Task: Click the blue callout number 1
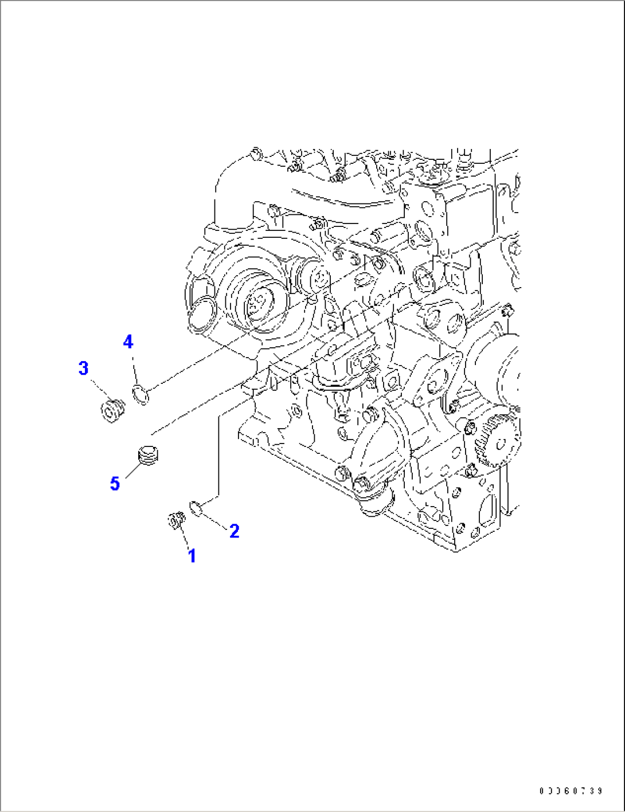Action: (x=192, y=555)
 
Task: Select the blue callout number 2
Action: (x=234, y=531)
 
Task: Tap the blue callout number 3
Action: (x=84, y=368)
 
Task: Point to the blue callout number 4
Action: (x=128, y=342)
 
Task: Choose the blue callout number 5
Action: (x=115, y=484)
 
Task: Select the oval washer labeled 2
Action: (x=194, y=507)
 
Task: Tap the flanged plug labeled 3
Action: (x=112, y=410)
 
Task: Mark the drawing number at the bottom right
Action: (x=571, y=791)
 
